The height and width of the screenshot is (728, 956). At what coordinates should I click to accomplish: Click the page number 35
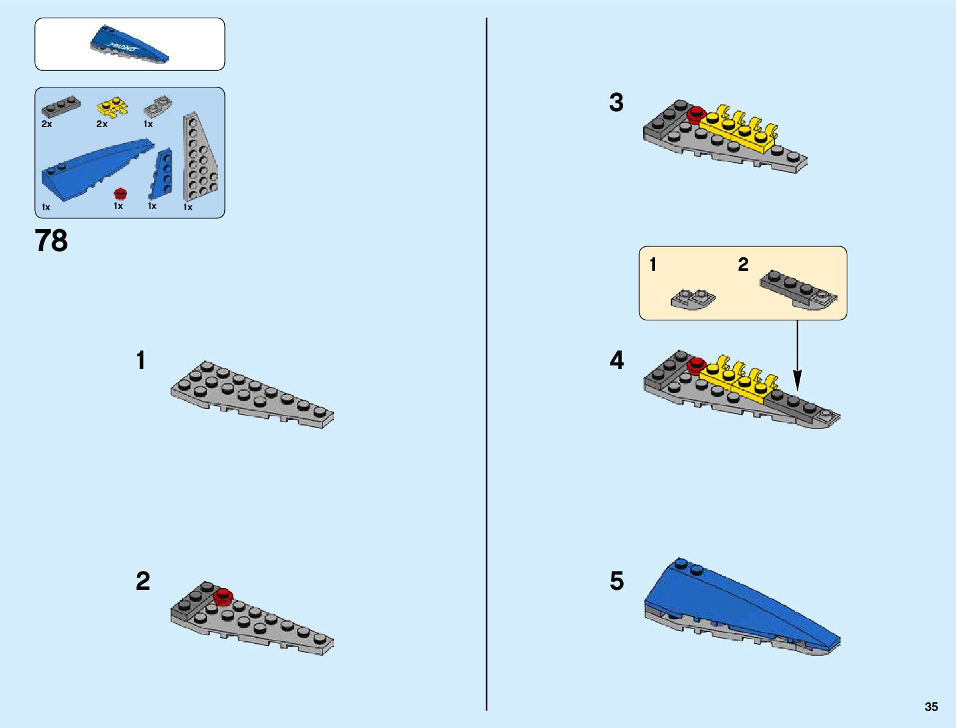931,707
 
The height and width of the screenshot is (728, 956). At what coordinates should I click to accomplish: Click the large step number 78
51,241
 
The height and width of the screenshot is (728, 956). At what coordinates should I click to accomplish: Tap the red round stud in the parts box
120,194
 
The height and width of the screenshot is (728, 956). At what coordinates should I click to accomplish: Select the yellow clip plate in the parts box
112,108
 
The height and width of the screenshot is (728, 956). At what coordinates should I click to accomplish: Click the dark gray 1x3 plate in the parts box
60,108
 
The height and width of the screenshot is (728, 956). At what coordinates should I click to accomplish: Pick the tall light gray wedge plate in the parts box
200,159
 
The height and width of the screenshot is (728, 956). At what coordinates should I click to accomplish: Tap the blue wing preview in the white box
130,45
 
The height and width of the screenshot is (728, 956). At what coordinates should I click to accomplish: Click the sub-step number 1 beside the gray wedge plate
141,361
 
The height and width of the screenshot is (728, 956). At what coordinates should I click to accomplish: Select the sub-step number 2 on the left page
142,581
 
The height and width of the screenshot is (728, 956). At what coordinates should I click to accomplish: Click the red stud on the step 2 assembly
223,596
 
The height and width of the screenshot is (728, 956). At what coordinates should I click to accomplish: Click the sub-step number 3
616,103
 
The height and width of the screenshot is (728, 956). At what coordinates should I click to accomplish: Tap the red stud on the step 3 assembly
695,114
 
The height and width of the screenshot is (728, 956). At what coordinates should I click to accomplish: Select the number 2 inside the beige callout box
743,264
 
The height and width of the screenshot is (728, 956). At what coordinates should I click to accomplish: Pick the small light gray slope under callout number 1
693,300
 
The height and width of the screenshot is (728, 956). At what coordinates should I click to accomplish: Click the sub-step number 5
617,581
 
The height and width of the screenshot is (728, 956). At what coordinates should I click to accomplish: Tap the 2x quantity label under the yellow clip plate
102,124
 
